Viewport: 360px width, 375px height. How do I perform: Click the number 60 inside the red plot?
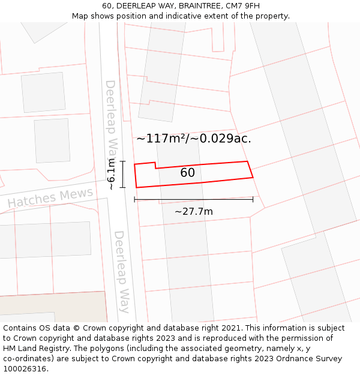[187, 173]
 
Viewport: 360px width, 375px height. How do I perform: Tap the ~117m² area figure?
[160, 139]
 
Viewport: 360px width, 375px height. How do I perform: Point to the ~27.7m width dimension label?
[193, 211]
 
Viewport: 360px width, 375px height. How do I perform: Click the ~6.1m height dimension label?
[111, 174]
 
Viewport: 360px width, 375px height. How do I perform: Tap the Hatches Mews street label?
[50, 197]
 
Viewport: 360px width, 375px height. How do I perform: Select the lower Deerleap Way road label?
[122, 271]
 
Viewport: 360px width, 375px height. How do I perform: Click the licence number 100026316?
[26, 368]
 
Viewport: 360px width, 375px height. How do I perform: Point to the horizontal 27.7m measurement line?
[193, 199]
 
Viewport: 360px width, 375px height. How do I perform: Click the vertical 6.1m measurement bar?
[122, 174]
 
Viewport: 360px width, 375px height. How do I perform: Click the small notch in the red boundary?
[155, 166]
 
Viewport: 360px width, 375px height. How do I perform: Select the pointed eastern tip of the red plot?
[252, 177]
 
